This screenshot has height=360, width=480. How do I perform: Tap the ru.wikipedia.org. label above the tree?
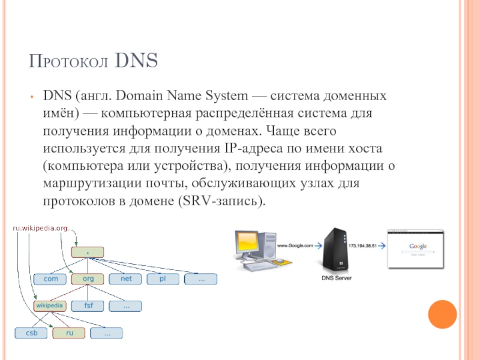click(41, 228)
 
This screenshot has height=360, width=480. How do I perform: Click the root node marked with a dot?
click(88, 253)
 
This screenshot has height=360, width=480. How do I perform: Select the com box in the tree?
click(50, 279)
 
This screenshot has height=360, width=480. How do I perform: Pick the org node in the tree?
click(88, 279)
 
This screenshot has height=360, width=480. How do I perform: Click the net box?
click(125, 279)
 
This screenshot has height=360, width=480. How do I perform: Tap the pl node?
click(163, 279)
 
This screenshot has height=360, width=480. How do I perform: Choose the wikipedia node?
click(50, 305)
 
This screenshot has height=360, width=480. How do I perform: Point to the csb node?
click(31, 332)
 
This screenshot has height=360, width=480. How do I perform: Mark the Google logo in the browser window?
click(418, 247)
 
